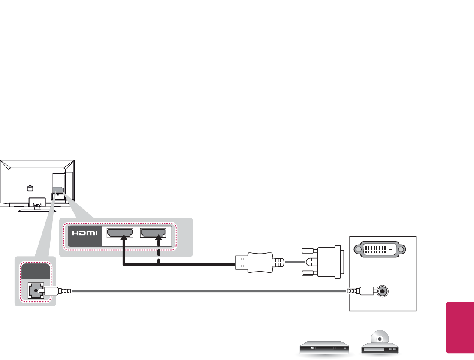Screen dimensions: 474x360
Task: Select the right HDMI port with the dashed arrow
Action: point(152,233)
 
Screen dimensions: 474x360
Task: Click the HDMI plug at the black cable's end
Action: point(254,261)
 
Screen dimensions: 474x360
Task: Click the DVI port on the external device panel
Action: point(377,249)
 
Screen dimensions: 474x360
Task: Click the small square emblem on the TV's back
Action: point(30,188)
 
